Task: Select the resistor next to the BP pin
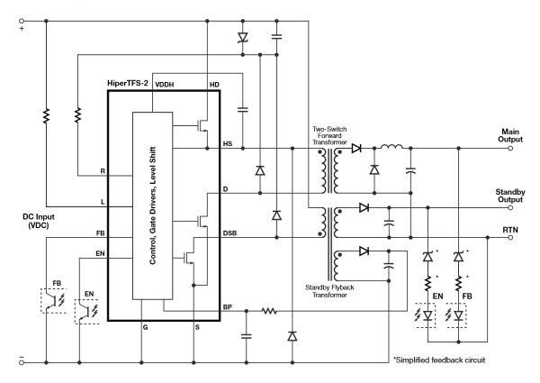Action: pyautogui.click(x=267, y=312)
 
